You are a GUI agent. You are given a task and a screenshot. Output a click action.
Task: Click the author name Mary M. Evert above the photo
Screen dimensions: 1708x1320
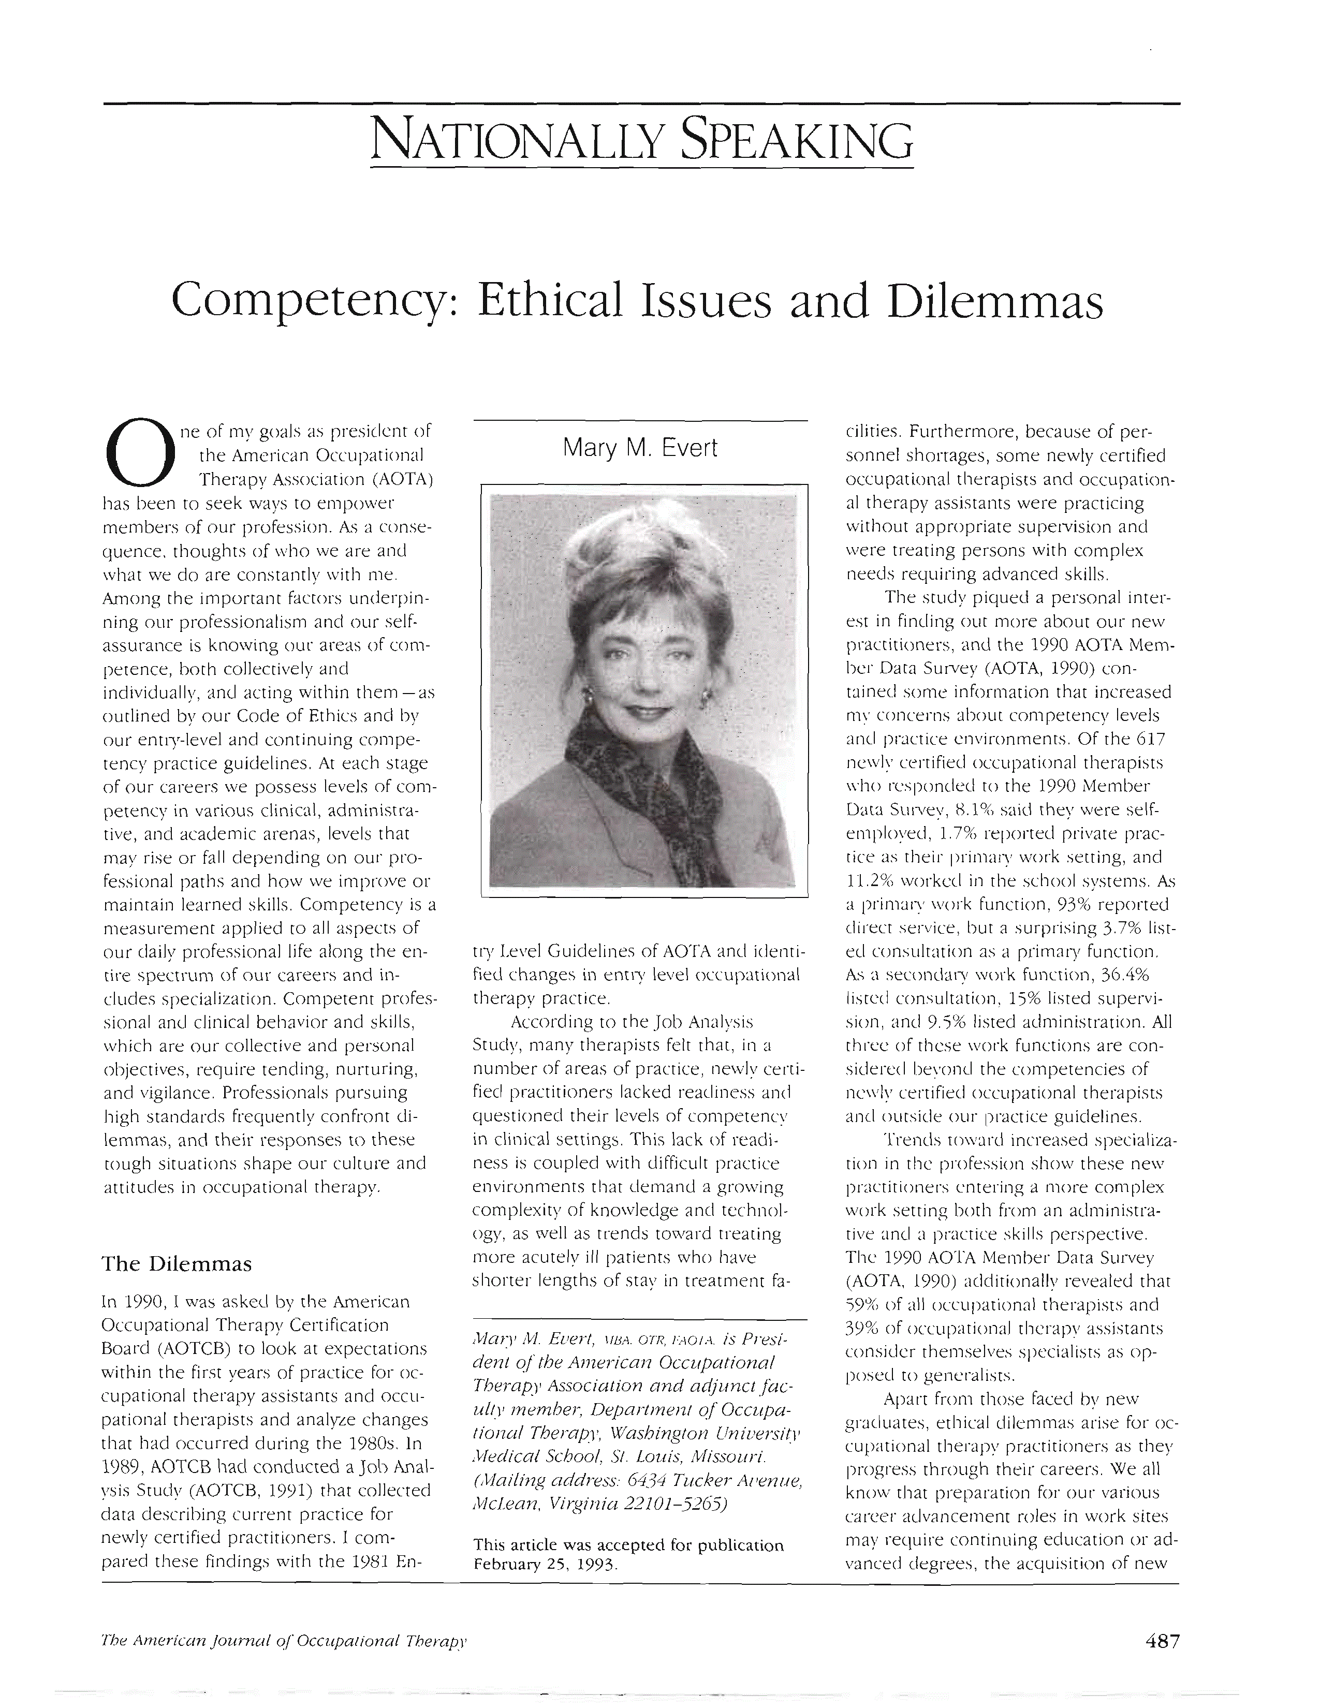(640, 448)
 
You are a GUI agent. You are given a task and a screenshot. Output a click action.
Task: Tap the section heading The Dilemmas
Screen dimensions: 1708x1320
(177, 1264)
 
